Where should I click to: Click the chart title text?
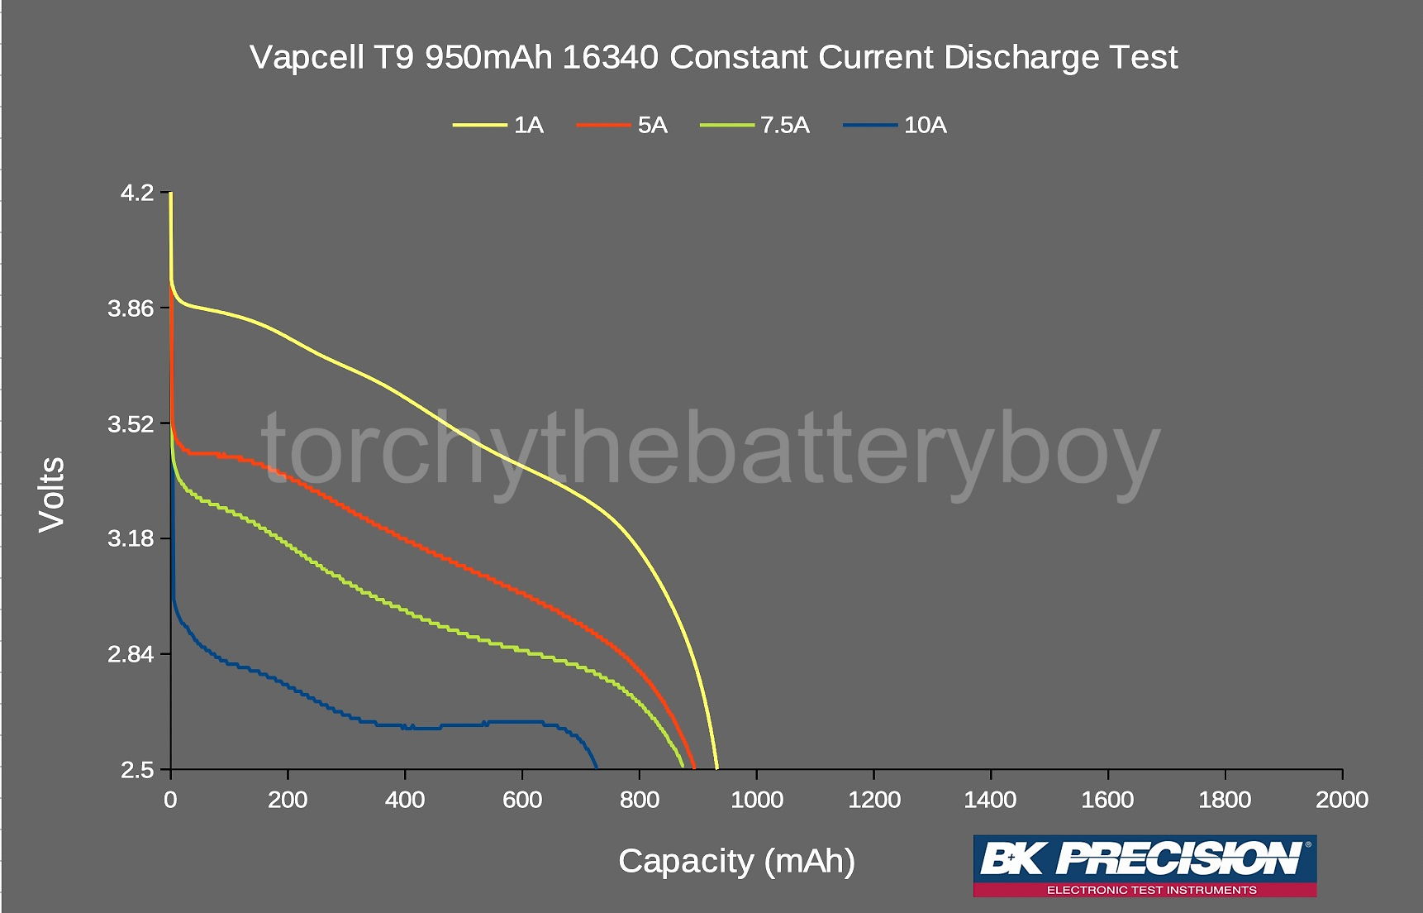pos(713,57)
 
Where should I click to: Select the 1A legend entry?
pos(528,125)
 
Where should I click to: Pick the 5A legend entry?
pos(652,125)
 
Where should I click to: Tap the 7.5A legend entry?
pos(784,125)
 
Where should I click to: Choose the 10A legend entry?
pos(925,125)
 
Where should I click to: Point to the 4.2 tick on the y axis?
pos(137,193)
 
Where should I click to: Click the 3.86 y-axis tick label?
pos(131,308)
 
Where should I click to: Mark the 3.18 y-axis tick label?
pos(131,538)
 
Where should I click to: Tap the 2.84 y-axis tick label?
pos(131,654)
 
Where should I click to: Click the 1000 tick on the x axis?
pos(757,800)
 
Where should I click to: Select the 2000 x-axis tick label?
pos(1342,800)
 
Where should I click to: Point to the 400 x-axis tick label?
pos(405,800)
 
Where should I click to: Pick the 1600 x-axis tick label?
pos(1107,800)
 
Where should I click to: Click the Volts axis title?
pos(52,494)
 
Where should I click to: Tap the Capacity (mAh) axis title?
pos(736,861)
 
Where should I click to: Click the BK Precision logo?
pos(1145,859)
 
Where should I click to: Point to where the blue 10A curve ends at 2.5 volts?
pos(597,768)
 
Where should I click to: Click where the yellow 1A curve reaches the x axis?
pos(716,768)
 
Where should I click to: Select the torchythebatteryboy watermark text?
pos(711,451)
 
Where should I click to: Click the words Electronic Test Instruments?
pos(1151,890)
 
